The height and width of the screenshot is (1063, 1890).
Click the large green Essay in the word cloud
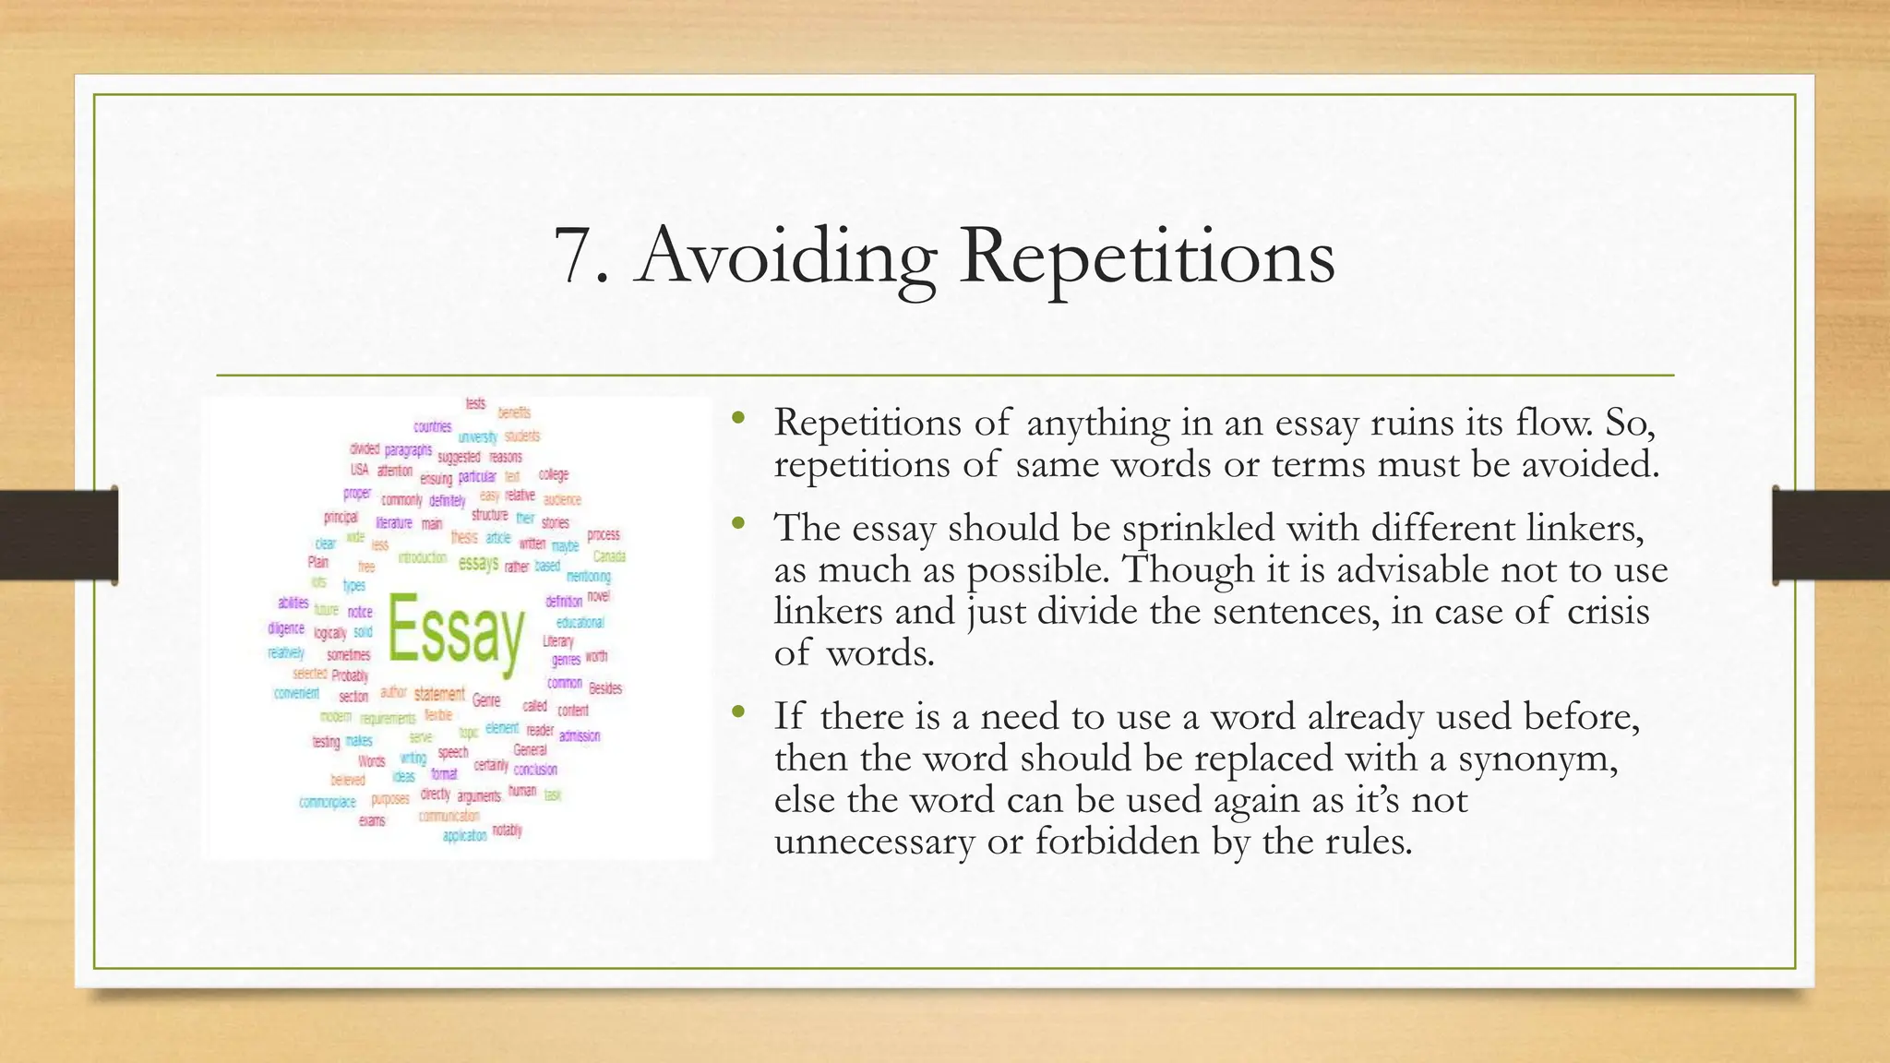point(456,629)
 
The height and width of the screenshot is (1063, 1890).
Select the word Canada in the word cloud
point(609,556)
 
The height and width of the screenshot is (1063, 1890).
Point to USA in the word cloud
point(359,470)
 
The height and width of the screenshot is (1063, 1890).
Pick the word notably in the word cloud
point(507,830)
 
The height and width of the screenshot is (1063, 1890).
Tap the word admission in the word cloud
point(580,735)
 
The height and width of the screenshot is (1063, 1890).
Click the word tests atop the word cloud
point(475,403)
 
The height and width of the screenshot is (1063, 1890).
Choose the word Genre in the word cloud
point(486,700)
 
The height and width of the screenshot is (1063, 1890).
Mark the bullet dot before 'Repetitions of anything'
point(736,419)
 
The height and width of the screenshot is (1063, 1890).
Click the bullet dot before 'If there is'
point(736,712)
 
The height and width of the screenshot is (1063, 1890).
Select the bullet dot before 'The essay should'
point(736,524)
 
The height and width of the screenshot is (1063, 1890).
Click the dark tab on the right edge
point(1831,535)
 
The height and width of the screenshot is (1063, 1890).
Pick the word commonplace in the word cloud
point(328,802)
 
